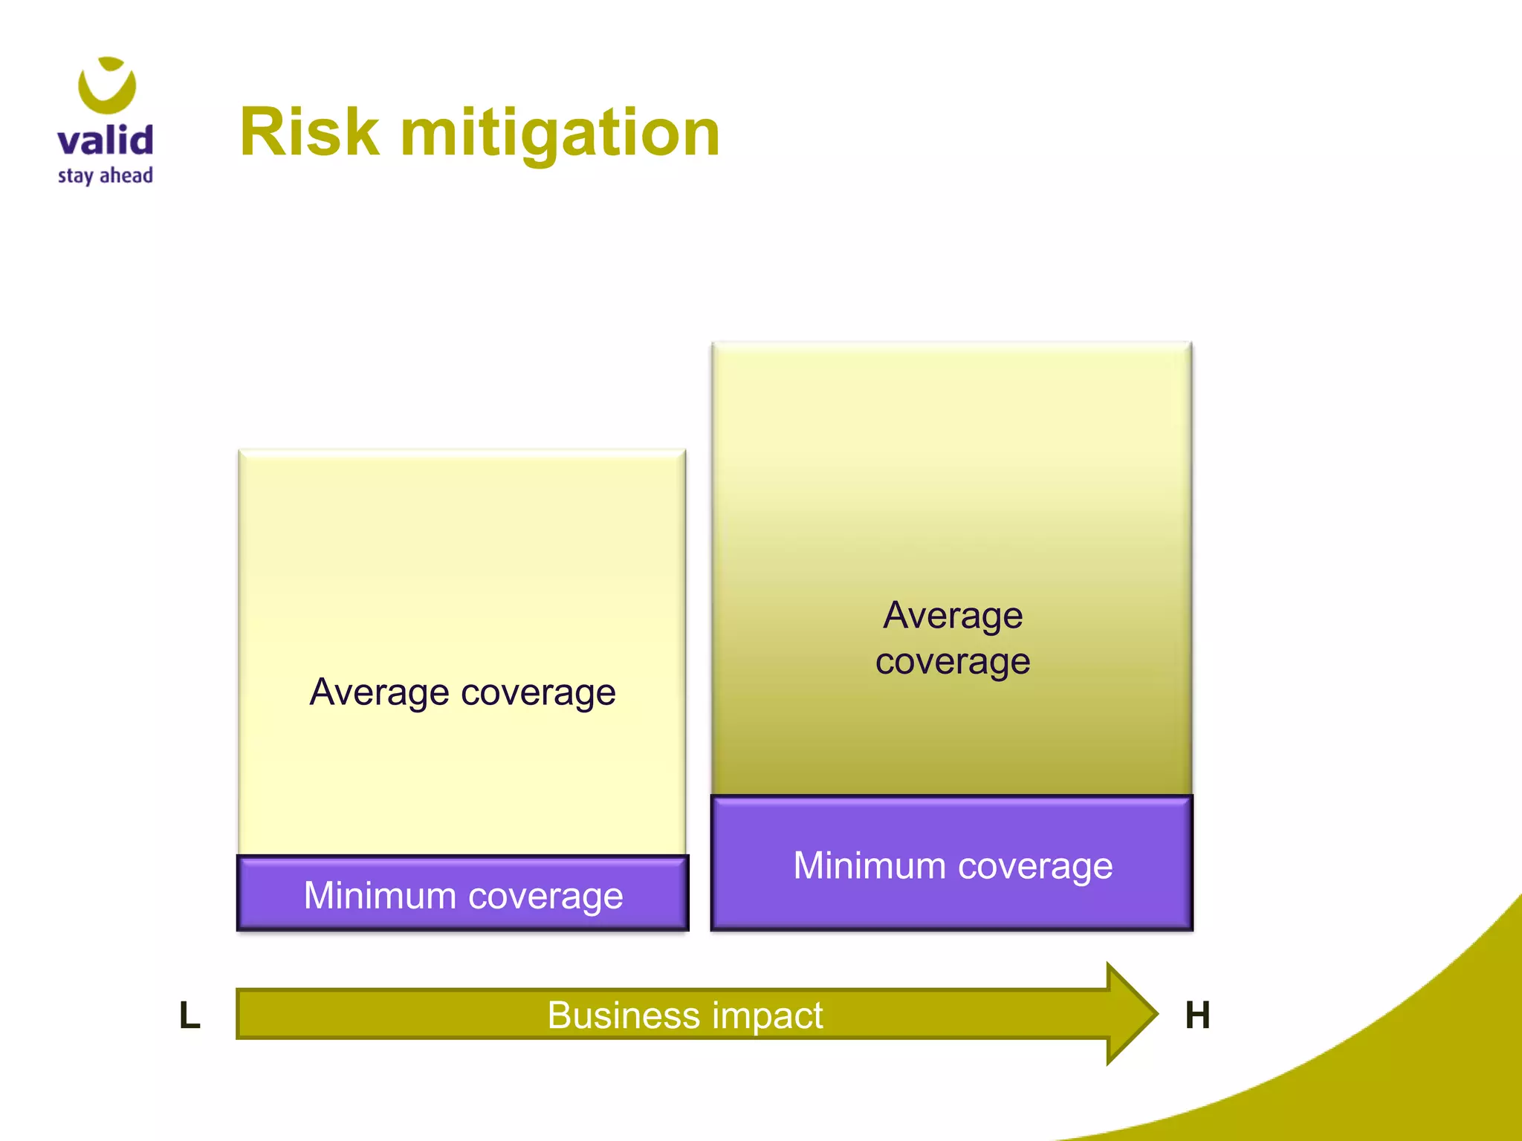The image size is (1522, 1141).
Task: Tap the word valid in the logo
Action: [x=106, y=140]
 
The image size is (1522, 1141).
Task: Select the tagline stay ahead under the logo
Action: [x=106, y=176]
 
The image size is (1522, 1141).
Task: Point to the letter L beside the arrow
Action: [x=190, y=1015]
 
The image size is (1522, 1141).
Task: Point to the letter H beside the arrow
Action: [x=1197, y=1015]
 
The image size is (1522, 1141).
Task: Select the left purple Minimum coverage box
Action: [x=462, y=893]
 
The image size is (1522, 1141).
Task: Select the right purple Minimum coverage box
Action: [x=952, y=862]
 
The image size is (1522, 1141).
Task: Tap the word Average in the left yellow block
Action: [x=379, y=692]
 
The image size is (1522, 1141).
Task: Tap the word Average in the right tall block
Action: [x=953, y=616]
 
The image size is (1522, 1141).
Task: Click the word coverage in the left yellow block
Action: [x=538, y=693]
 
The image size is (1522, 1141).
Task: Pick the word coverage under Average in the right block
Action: [x=953, y=661]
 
